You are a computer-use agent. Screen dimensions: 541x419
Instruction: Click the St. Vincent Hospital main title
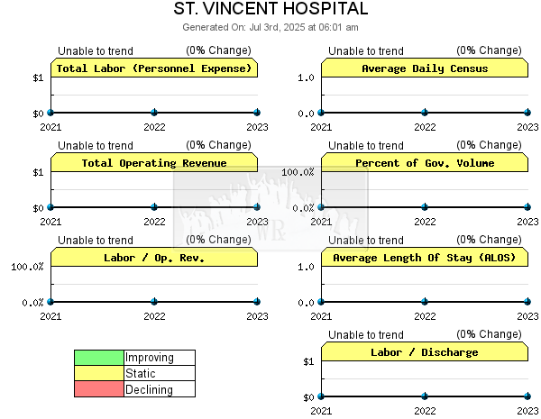pyautogui.click(x=270, y=9)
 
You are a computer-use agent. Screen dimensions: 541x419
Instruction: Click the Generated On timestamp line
pyautogui.click(x=270, y=27)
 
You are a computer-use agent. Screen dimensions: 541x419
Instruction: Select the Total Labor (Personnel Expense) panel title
pyautogui.click(x=154, y=68)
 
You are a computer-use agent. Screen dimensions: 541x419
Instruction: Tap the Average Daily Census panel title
pyautogui.click(x=425, y=68)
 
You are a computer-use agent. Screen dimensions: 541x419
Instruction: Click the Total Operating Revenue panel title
pyautogui.click(x=154, y=163)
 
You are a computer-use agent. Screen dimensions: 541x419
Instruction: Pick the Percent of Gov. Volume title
pyautogui.click(x=425, y=163)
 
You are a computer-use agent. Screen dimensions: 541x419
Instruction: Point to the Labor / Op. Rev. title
pyautogui.click(x=154, y=258)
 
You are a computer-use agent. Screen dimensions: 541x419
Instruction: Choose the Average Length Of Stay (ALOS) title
pyautogui.click(x=425, y=258)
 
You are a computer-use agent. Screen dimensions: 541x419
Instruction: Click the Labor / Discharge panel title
pyautogui.click(x=425, y=352)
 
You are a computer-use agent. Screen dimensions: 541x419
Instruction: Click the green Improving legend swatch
pyautogui.click(x=99, y=358)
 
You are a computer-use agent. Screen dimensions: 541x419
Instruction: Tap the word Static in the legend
pyautogui.click(x=141, y=373)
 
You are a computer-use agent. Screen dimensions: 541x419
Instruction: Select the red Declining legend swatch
pyautogui.click(x=99, y=388)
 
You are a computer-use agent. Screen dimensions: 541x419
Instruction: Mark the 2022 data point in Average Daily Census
pyautogui.click(x=425, y=113)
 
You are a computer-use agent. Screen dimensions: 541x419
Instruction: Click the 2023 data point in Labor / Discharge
pyautogui.click(x=527, y=396)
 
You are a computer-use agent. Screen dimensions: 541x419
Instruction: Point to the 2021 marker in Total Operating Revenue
pyautogui.click(x=50, y=207)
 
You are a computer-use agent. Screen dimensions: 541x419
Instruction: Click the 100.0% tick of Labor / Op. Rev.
pyautogui.click(x=27, y=267)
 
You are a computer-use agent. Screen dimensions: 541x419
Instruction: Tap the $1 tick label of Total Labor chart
pyautogui.click(x=38, y=77)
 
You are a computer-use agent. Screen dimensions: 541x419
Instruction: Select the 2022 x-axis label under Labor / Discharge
pyautogui.click(x=425, y=411)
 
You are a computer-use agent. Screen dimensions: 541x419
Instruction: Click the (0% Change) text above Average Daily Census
pyautogui.click(x=489, y=50)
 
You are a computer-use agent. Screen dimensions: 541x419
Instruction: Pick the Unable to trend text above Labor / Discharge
pyautogui.click(x=366, y=334)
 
